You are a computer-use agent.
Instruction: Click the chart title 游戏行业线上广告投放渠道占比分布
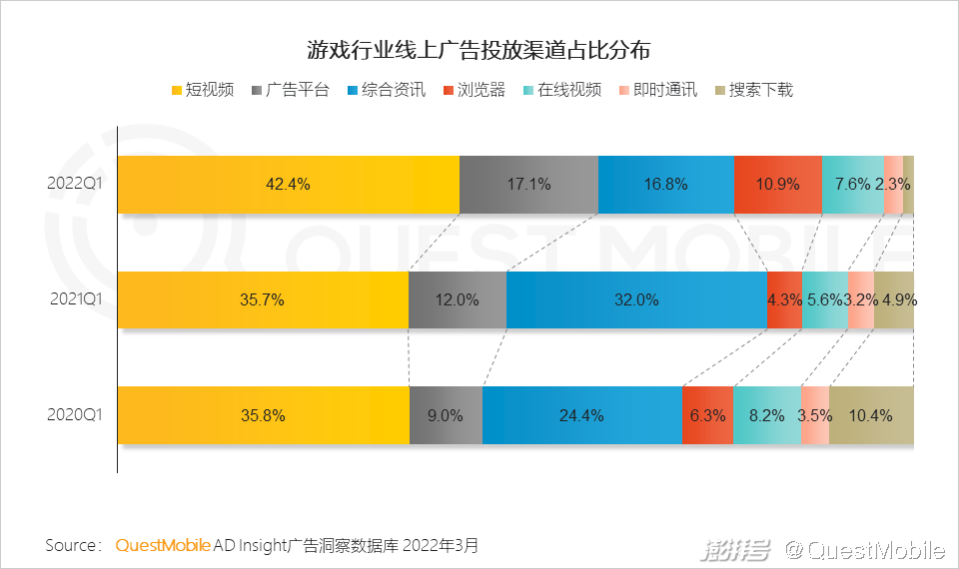(479, 50)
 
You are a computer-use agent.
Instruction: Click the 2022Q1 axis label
(76, 184)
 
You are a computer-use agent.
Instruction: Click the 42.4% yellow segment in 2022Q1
(288, 185)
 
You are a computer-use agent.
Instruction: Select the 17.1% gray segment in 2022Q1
(528, 185)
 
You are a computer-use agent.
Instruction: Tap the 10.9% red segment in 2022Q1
(778, 185)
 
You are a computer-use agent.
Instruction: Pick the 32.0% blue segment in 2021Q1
(636, 299)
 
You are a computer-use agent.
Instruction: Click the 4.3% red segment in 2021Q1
(784, 299)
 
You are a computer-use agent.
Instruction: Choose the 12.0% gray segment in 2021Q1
(458, 299)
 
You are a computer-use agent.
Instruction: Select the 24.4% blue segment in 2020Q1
(581, 415)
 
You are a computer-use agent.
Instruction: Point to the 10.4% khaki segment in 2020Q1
(871, 415)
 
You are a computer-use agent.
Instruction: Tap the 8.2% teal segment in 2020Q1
(766, 415)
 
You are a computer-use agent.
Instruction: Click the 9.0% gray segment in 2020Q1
(446, 415)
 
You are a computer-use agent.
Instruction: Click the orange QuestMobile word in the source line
(163, 545)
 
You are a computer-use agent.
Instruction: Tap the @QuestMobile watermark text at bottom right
(864, 549)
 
